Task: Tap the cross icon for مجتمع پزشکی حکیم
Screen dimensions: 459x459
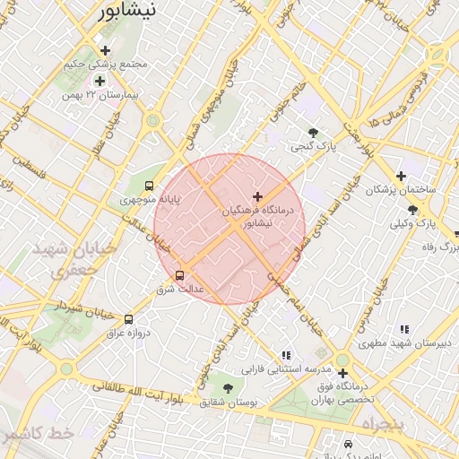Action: pyautogui.click(x=106, y=50)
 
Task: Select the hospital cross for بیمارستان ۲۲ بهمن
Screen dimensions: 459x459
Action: pyautogui.click(x=99, y=82)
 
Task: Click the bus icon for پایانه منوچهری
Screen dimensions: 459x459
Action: pyautogui.click(x=149, y=186)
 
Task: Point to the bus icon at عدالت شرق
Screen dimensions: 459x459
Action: pyautogui.click(x=179, y=275)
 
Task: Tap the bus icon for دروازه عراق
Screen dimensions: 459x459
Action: pyautogui.click(x=129, y=319)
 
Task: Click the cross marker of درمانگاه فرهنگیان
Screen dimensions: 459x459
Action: pyautogui.click(x=258, y=195)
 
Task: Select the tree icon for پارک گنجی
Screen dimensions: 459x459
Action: pyautogui.click(x=312, y=133)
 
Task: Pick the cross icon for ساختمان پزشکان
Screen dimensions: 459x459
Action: pyautogui.click(x=401, y=176)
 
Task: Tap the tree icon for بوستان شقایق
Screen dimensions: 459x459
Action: pyautogui.click(x=228, y=388)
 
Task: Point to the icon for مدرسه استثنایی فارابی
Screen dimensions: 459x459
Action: pyautogui.click(x=286, y=355)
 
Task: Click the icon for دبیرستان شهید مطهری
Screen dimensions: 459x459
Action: pyautogui.click(x=404, y=329)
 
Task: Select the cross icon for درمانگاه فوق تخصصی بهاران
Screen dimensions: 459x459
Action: pyautogui.click(x=342, y=373)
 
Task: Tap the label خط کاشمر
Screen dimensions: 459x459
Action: pyautogui.click(x=37, y=433)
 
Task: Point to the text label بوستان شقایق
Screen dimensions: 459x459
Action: pyautogui.click(x=228, y=403)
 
